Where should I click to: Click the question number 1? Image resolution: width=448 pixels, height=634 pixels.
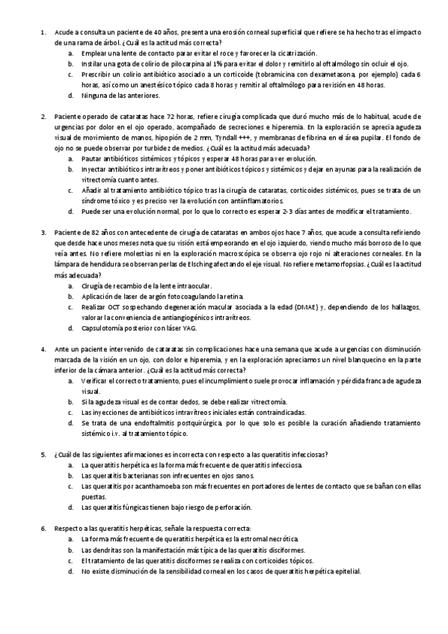click(x=43, y=32)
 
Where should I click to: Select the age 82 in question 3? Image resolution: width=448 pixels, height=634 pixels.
click(x=91, y=233)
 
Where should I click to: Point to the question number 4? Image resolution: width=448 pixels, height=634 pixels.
click(x=43, y=349)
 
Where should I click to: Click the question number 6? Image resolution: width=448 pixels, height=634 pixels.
click(x=43, y=529)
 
